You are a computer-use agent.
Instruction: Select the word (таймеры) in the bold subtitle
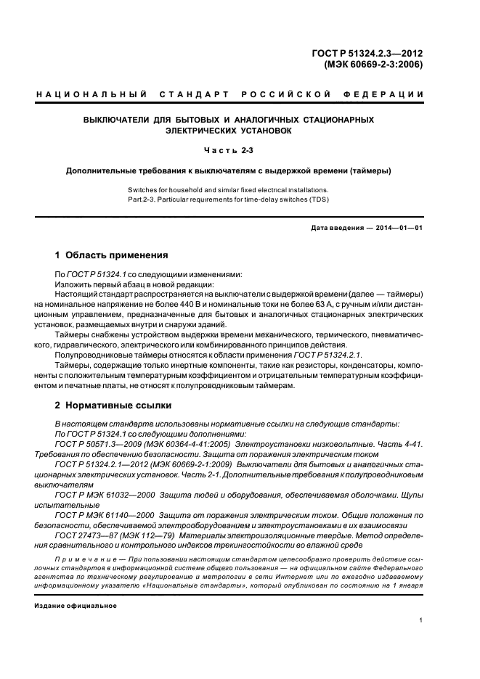[369, 171]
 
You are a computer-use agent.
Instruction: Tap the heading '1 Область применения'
[112, 255]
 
